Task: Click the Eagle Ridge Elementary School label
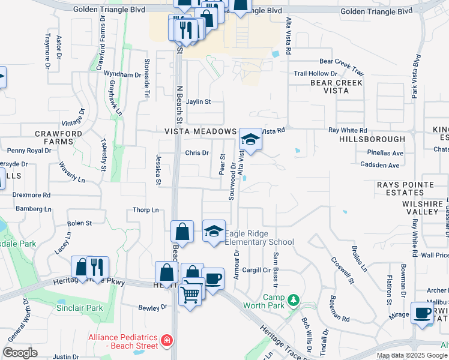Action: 259,238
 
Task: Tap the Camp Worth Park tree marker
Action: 293,299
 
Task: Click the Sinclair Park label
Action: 84,308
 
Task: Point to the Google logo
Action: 20,353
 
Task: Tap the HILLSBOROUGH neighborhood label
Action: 372,139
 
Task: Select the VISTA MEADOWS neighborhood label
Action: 200,131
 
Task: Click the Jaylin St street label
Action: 199,102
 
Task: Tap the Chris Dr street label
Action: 196,153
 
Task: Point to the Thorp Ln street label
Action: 146,210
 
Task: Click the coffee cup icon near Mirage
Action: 422,313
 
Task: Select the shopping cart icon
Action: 190,294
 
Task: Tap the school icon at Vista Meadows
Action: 250,140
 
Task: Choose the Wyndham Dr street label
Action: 122,74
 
